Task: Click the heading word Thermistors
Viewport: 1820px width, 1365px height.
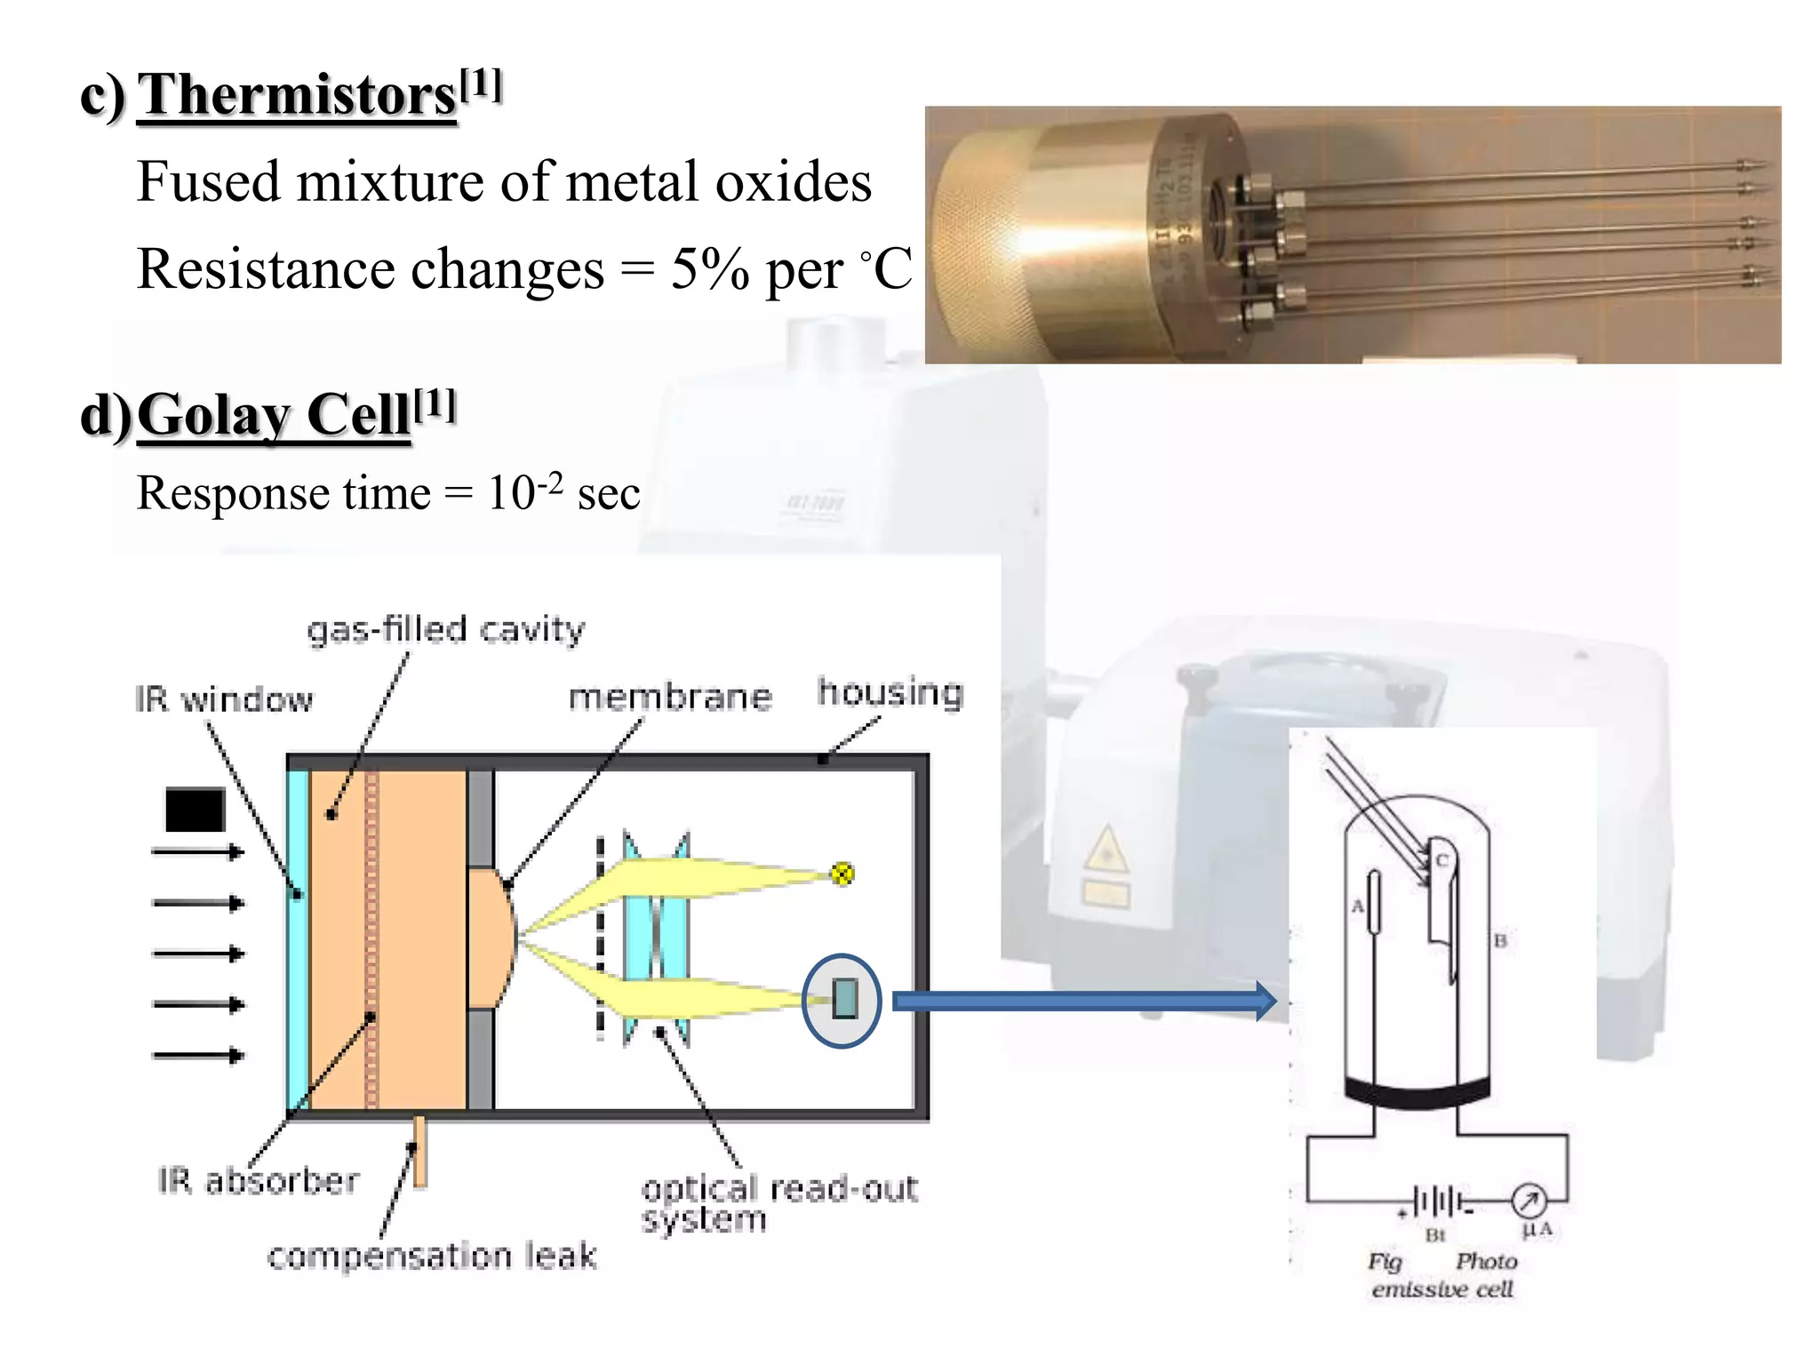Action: coord(297,94)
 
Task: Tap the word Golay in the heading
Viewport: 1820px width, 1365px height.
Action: coord(212,415)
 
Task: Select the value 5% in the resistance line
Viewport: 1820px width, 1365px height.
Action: coord(709,268)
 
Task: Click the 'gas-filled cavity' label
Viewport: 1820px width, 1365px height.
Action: coord(445,629)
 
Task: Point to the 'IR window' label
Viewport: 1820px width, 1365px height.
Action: coord(224,699)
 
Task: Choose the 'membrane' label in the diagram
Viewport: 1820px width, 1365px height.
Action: coord(669,697)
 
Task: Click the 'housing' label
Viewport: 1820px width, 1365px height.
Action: coord(890,691)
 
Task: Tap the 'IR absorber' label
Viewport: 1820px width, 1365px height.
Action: coord(259,1180)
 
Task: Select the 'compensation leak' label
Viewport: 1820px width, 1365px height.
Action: coord(432,1256)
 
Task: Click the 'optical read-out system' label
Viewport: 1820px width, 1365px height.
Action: coord(778,1202)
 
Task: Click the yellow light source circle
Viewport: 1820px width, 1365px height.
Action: coord(842,874)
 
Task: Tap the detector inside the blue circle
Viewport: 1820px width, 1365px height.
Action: coord(844,999)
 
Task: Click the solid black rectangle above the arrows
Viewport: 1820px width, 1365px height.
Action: coord(195,810)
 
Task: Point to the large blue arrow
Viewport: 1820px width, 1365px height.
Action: coord(1083,1002)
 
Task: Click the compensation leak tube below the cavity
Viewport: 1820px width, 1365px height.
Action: coord(419,1150)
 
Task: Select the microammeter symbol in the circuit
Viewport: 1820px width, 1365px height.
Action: coord(1529,1201)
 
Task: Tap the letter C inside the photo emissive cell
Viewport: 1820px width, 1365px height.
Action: coord(1441,859)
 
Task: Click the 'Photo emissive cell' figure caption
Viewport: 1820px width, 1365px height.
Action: coord(1441,1274)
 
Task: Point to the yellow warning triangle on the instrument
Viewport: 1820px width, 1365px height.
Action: coord(1106,850)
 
